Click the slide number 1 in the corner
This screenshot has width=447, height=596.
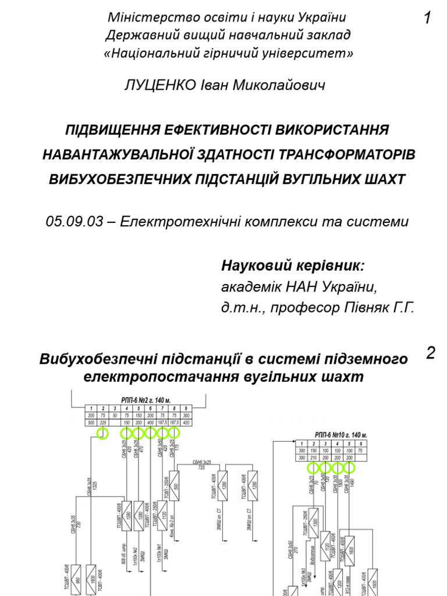(428, 19)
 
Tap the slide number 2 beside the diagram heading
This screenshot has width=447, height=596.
(431, 353)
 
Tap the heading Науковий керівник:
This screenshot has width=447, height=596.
(293, 266)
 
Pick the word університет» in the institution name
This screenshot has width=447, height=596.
(313, 54)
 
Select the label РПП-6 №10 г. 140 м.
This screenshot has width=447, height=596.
(341, 435)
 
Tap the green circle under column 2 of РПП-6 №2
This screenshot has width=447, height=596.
(102, 433)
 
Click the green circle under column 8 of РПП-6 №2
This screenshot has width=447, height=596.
(173, 433)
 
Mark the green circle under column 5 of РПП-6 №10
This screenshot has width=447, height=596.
(349, 467)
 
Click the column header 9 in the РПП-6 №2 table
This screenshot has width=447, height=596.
(186, 409)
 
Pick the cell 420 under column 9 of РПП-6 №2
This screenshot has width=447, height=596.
(186, 423)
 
